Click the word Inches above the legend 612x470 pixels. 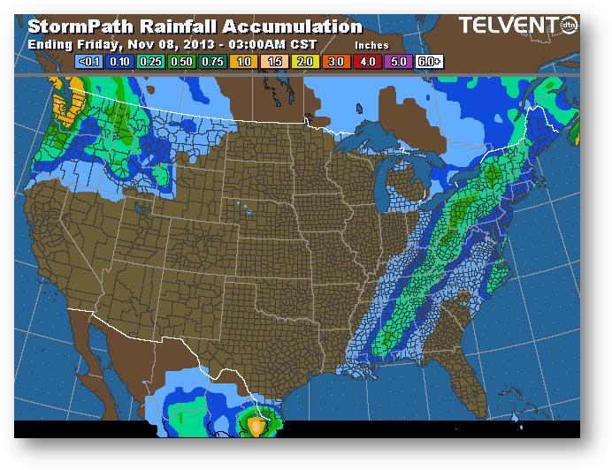point(371,43)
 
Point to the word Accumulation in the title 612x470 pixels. point(292,27)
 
